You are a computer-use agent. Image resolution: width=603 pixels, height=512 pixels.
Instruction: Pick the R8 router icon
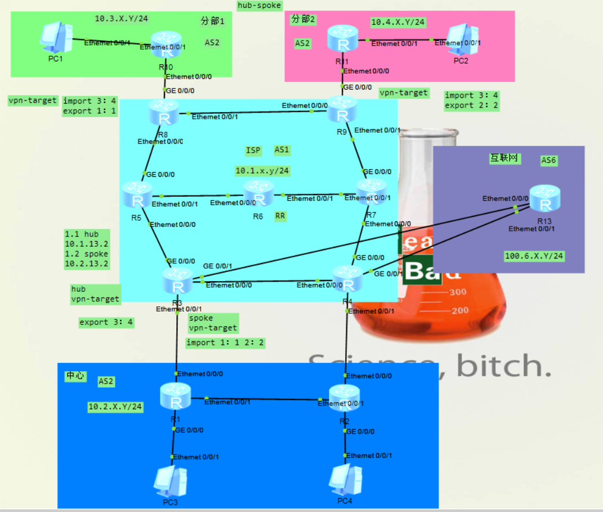(x=164, y=113)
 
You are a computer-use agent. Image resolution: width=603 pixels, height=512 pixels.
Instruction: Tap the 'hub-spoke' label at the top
(x=259, y=5)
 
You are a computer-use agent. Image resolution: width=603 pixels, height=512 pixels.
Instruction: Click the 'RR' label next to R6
(x=280, y=216)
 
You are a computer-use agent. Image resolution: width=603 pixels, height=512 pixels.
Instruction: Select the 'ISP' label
(x=253, y=150)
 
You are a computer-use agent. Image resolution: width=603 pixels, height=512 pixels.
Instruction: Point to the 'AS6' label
(x=548, y=160)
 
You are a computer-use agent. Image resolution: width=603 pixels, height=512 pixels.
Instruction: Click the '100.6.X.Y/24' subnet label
(x=534, y=256)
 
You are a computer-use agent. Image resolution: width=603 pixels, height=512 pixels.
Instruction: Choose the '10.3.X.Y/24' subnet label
(x=121, y=19)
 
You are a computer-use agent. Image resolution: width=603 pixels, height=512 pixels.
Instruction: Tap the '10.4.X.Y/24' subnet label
(x=397, y=22)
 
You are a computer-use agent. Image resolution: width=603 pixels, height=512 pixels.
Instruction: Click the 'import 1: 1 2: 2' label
(x=225, y=342)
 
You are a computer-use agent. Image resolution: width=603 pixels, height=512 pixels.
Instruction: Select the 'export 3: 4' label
(x=106, y=322)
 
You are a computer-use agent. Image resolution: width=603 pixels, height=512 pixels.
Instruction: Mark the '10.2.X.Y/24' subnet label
(x=115, y=406)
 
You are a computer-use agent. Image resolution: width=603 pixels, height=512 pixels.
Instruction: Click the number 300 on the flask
(x=457, y=292)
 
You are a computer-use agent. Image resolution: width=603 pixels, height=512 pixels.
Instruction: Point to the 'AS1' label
(x=282, y=150)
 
